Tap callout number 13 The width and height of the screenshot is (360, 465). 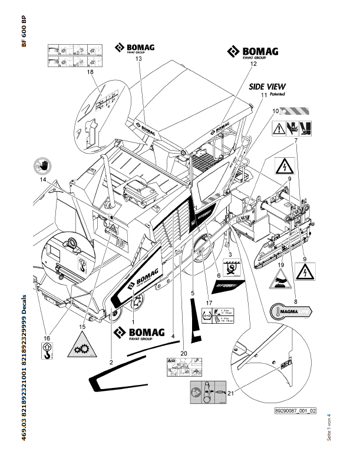pos(139,59)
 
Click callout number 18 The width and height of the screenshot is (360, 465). pos(90,72)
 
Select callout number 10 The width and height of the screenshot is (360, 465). pos(275,111)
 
